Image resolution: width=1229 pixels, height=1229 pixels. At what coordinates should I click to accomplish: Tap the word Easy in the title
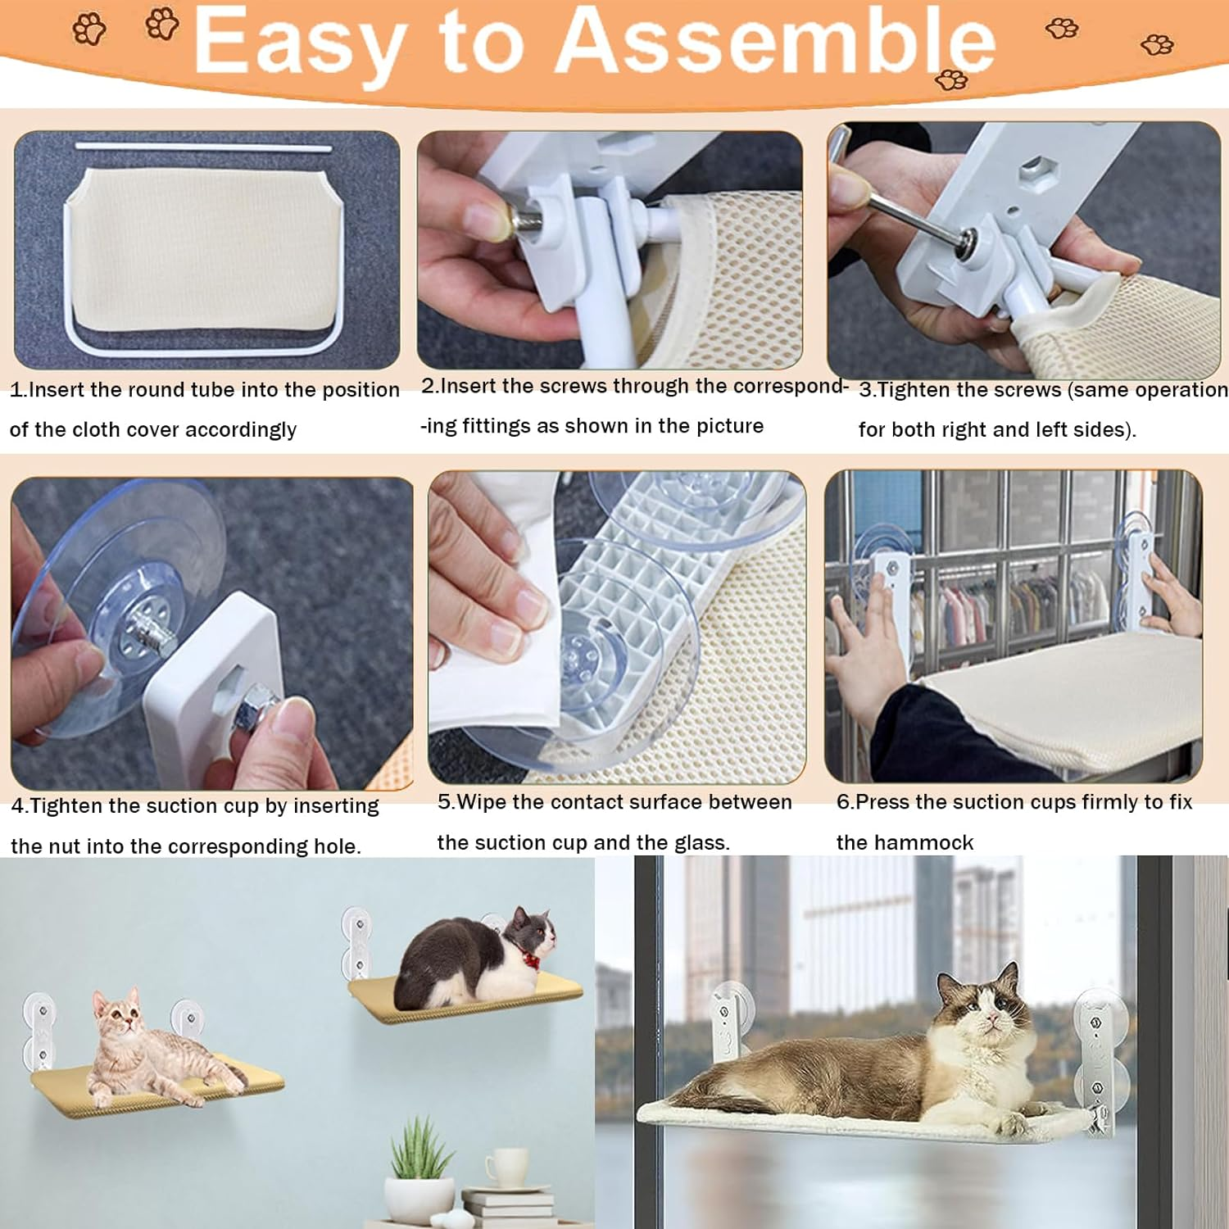point(300,44)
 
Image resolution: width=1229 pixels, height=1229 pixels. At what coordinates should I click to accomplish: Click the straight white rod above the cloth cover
point(204,147)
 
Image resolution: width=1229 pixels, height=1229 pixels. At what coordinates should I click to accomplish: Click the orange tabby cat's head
point(116,1013)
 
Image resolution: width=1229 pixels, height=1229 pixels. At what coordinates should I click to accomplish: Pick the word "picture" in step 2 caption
point(729,426)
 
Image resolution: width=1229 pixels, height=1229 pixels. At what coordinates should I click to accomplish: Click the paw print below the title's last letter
point(952,79)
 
